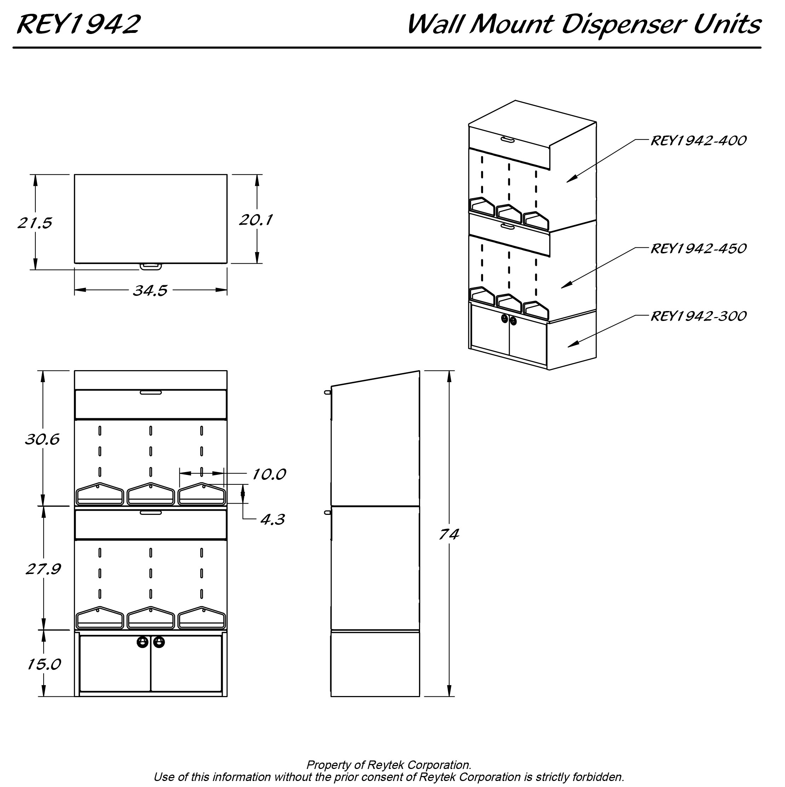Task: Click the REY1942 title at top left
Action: pos(79,24)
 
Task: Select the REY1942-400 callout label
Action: pos(698,140)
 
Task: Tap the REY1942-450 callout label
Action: pos(698,248)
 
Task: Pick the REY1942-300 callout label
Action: pos(698,316)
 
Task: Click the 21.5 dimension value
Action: pos(35,223)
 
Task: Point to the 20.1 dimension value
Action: pos(256,220)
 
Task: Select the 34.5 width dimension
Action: pos(150,291)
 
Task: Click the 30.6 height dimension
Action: pos(42,439)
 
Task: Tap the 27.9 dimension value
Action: pos(43,569)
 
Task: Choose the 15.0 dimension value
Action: pos(44,665)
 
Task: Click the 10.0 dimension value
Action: pos(269,474)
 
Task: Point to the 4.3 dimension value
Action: pos(272,519)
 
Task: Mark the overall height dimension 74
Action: pos(448,534)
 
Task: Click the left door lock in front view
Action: pos(142,642)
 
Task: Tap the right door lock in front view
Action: pos(159,642)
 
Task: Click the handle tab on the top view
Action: pos(151,266)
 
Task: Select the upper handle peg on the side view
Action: pos(327,392)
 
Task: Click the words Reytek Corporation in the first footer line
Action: pos(419,765)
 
